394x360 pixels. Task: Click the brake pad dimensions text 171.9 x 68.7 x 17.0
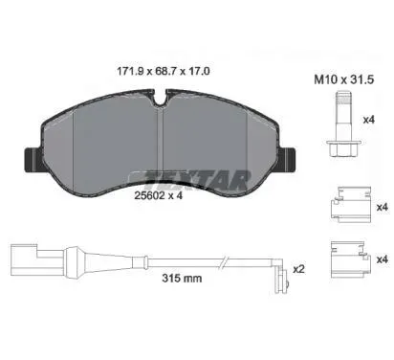click(x=164, y=71)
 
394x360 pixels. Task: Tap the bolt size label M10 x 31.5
click(x=344, y=79)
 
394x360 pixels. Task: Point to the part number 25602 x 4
click(x=158, y=195)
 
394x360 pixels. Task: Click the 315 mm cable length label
click(x=182, y=278)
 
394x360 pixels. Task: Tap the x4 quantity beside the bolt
click(x=369, y=120)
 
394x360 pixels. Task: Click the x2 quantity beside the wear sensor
click(x=298, y=269)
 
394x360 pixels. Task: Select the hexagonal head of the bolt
click(x=342, y=148)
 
